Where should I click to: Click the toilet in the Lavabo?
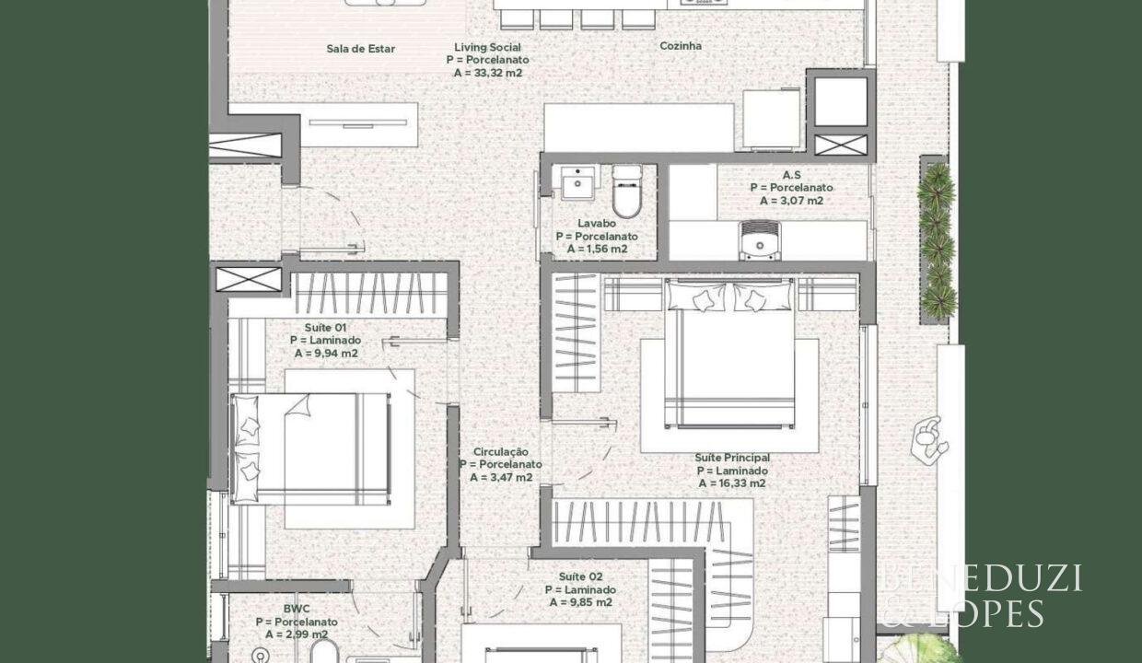pyautogui.click(x=627, y=192)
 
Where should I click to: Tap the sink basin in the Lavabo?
pyautogui.click(x=577, y=182)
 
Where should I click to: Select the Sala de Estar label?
pyautogui.click(x=360, y=49)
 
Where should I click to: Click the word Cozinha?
pyautogui.click(x=681, y=46)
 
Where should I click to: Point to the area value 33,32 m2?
pyautogui.click(x=488, y=73)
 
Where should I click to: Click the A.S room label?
pyautogui.click(x=792, y=175)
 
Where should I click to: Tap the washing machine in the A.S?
pyautogui.click(x=759, y=240)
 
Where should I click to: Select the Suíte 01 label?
pyautogui.click(x=325, y=327)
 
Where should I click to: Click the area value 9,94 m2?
pyautogui.click(x=326, y=354)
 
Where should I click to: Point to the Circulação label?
pyautogui.click(x=501, y=451)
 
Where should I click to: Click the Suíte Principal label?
pyautogui.click(x=732, y=458)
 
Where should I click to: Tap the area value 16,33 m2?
pyautogui.click(x=732, y=483)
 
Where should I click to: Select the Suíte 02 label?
pyautogui.click(x=581, y=576)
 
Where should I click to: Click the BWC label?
pyautogui.click(x=297, y=609)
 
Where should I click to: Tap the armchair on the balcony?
pyautogui.click(x=930, y=440)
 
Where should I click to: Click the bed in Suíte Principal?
pyautogui.click(x=729, y=355)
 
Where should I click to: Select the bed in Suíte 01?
pyautogui.click(x=311, y=448)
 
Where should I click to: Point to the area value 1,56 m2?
pyautogui.click(x=597, y=249)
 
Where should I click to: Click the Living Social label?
pyautogui.click(x=487, y=47)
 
